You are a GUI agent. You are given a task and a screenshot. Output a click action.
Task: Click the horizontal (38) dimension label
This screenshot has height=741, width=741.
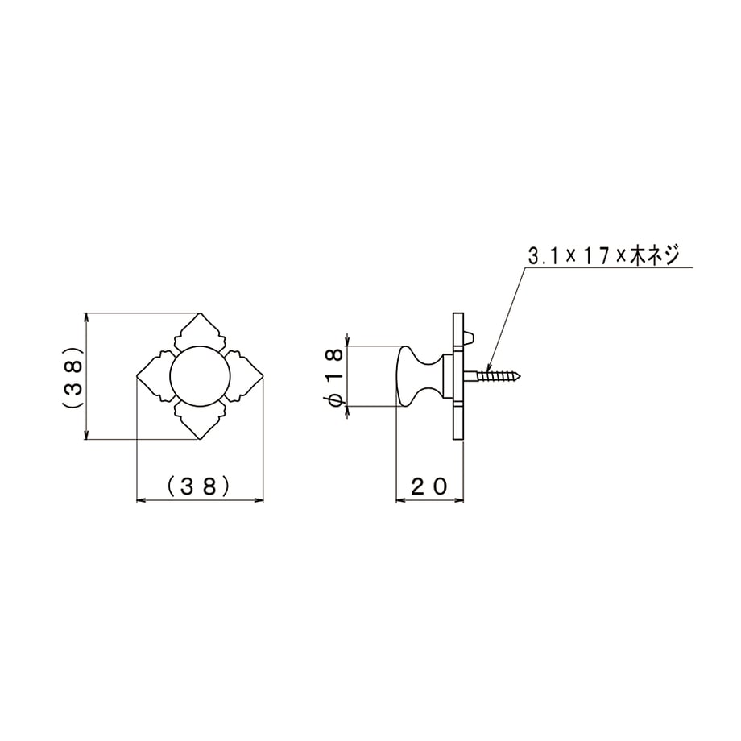click(x=198, y=486)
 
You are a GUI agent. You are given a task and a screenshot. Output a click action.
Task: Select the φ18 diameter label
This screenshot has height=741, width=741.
click(x=333, y=375)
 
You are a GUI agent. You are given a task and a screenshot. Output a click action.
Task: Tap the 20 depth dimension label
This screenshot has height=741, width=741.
click(x=428, y=486)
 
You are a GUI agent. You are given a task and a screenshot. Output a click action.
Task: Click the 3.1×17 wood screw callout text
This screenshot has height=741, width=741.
click(x=603, y=255)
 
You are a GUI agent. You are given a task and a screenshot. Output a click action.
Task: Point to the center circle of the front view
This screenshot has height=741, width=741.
click(x=200, y=376)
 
